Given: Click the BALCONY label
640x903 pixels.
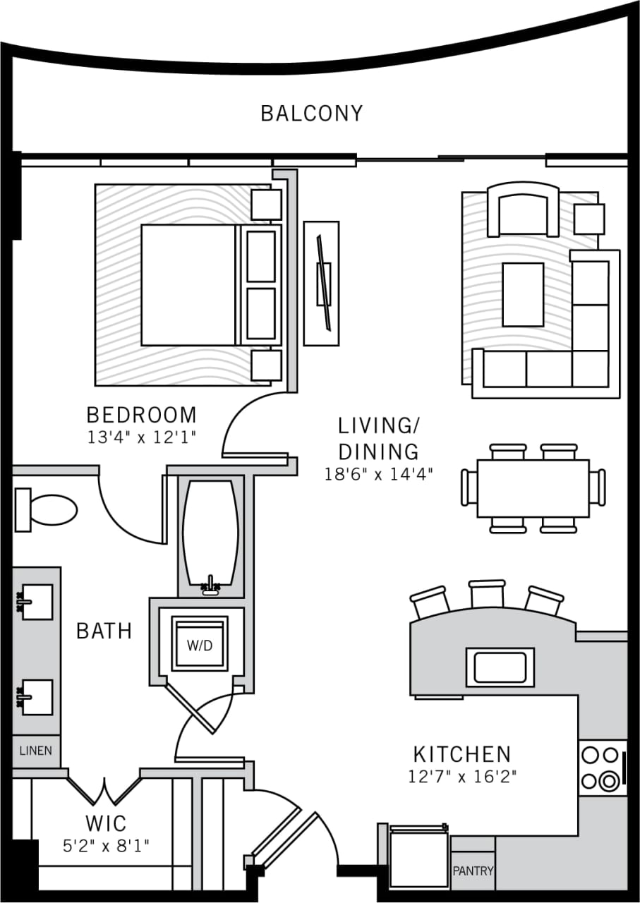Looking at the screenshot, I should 311,114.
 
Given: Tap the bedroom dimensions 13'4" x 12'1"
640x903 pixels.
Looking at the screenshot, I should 141,437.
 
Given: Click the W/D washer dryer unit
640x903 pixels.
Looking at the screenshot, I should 200,645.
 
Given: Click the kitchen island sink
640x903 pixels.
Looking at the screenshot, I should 500,667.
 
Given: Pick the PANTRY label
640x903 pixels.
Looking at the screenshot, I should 473,871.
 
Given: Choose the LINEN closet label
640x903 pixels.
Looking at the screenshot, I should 35,751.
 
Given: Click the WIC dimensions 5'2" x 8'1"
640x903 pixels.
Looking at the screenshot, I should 106,844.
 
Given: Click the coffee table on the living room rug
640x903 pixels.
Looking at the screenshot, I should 523,294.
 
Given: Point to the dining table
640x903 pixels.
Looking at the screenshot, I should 533,487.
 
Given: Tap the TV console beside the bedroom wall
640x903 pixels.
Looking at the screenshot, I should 321,283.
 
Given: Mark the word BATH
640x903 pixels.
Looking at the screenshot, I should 104,631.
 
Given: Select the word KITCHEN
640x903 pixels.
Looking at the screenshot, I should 461,754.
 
